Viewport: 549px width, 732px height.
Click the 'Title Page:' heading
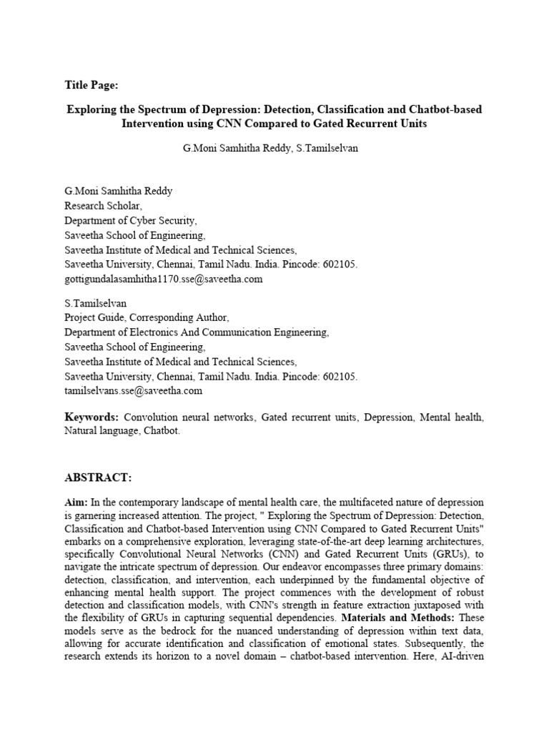click(x=91, y=85)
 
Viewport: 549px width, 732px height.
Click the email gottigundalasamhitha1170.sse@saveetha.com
click(x=164, y=280)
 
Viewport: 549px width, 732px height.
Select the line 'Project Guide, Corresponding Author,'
click(x=147, y=317)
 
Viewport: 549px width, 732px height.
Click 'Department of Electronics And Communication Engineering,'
click(x=197, y=332)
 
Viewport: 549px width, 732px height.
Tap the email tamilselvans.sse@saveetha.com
click(x=134, y=391)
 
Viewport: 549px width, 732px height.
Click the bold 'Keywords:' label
click(x=91, y=417)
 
